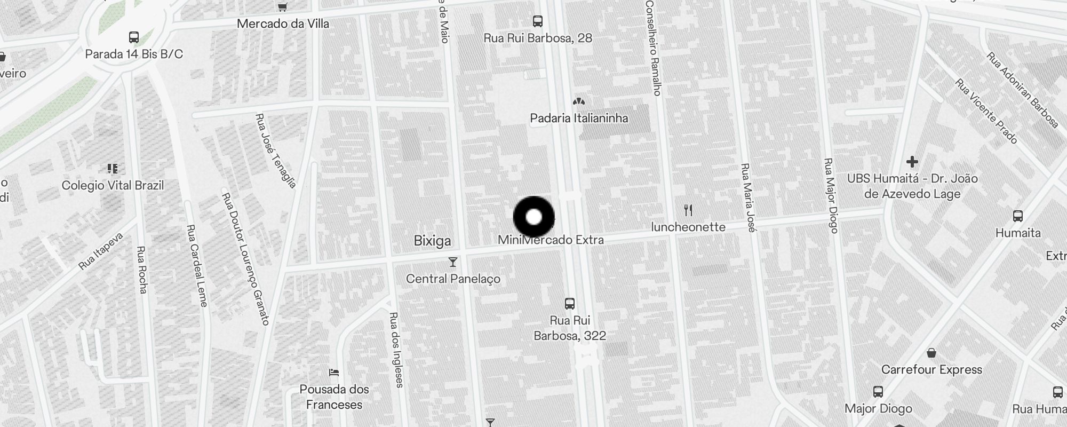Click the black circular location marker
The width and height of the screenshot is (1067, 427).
[x=534, y=217]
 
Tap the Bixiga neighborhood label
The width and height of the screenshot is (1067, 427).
[x=432, y=241]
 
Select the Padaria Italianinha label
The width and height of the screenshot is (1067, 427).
[x=579, y=118]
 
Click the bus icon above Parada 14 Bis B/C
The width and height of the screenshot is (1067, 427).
[x=134, y=37]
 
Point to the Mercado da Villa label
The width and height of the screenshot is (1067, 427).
[x=283, y=23]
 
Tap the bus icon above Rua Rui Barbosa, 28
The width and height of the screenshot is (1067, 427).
[x=538, y=21]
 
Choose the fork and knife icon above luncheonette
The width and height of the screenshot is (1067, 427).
[x=688, y=210]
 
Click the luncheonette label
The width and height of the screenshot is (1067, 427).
[x=688, y=227]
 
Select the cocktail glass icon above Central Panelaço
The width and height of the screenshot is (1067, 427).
[x=453, y=262]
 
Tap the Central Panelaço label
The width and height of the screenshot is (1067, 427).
[x=453, y=279]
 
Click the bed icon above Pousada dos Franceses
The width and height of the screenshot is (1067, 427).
[x=334, y=372]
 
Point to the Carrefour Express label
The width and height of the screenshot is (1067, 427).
[x=931, y=369]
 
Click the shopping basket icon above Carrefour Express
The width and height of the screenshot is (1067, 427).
[x=931, y=353]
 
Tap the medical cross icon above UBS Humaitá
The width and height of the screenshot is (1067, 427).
[x=912, y=161]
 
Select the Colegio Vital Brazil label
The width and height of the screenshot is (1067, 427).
[x=113, y=185]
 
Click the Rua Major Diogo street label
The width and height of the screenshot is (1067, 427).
[x=831, y=195]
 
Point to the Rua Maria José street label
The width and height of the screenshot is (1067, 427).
[x=749, y=198]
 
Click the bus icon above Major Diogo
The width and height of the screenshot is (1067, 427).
[x=878, y=392]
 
